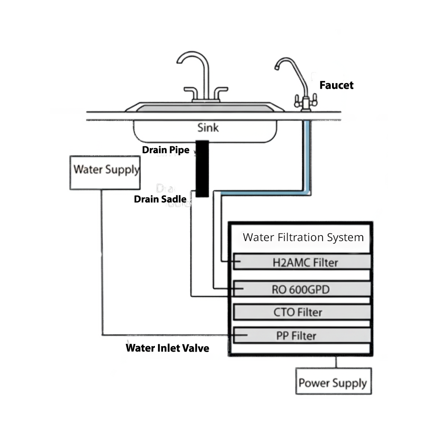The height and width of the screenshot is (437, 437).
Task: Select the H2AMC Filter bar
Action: pos(302,262)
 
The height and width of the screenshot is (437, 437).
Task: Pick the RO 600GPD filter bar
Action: pos(302,289)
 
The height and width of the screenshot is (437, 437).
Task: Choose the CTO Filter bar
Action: pos(302,312)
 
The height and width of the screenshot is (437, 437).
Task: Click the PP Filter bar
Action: pos(302,335)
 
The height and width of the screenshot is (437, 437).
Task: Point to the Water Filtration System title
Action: pos(303,237)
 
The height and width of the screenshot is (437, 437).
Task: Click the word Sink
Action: pos(208,127)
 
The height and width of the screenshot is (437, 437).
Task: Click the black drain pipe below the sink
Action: pos(202,169)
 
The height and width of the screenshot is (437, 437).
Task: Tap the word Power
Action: pos(314,382)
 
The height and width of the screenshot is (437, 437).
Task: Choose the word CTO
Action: pos(284,312)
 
